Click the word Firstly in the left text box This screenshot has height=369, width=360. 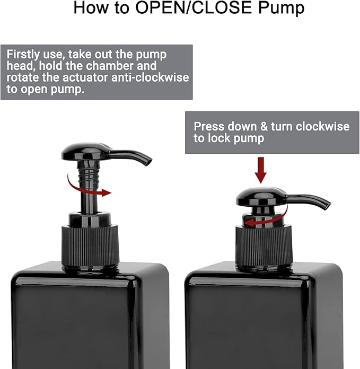click(25, 55)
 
